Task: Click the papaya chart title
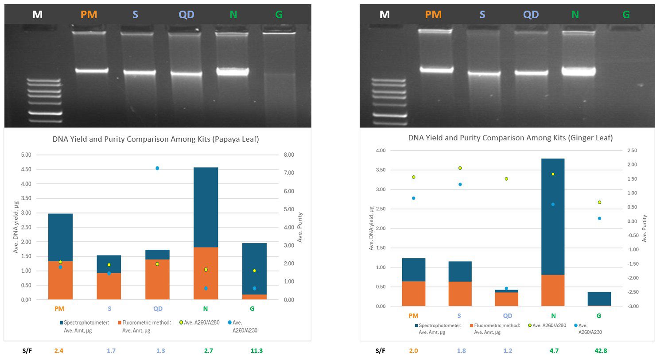pyautogui.click(x=155, y=139)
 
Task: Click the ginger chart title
pyautogui.click(x=510, y=138)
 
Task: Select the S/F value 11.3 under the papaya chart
pyautogui.click(x=256, y=351)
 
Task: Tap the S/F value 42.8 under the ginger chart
pyautogui.click(x=601, y=351)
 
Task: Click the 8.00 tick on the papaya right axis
pyautogui.click(x=289, y=155)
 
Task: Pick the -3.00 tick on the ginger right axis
pyautogui.click(x=632, y=306)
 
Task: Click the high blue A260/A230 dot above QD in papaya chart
pyautogui.click(x=157, y=168)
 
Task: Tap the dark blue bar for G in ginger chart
pyautogui.click(x=599, y=298)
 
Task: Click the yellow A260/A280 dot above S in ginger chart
pyautogui.click(x=460, y=168)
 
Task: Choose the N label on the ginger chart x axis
pyautogui.click(x=553, y=316)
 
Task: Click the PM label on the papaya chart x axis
pyautogui.click(x=59, y=309)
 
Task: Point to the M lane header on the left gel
pyautogui.click(x=37, y=15)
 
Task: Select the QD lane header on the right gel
pyautogui.click(x=531, y=15)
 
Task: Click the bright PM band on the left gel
pyautogui.click(x=89, y=70)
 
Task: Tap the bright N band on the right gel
pyautogui.click(x=578, y=70)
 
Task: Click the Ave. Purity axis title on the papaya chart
pyautogui.click(x=300, y=227)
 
